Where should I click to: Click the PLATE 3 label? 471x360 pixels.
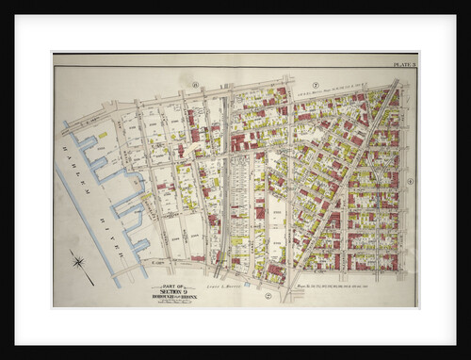405,64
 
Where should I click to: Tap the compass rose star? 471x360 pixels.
78,262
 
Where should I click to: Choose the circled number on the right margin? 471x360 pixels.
411,181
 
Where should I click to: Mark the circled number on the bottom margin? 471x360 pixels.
268,295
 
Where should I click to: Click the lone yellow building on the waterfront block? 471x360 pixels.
102,136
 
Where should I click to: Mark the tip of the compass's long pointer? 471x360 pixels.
93,284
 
